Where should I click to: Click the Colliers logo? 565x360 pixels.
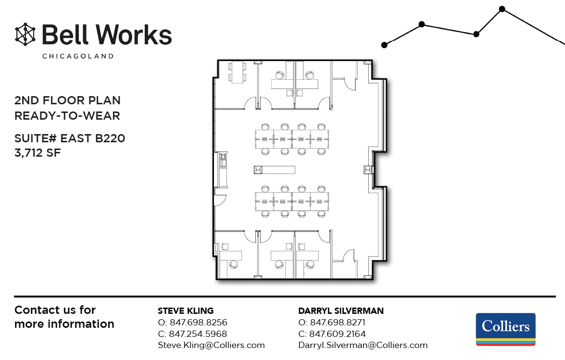pyautogui.click(x=505, y=329)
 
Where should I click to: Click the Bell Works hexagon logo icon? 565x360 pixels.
pyautogui.click(x=25, y=34)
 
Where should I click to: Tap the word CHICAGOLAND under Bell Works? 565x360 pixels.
pyautogui.click(x=78, y=56)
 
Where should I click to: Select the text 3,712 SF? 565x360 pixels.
pyautogui.click(x=38, y=153)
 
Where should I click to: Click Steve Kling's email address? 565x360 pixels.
pyautogui.click(x=211, y=345)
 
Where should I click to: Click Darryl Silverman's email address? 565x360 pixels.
pyautogui.click(x=363, y=345)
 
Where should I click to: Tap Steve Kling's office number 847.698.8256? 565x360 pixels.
pyautogui.click(x=198, y=323)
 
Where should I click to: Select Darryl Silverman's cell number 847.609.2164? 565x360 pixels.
pyautogui.click(x=338, y=334)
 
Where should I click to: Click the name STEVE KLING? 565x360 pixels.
pyautogui.click(x=186, y=310)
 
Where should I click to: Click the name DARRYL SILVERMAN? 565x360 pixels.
pyautogui.click(x=340, y=310)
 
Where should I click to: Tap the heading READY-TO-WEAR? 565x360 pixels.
pyautogui.click(x=67, y=116)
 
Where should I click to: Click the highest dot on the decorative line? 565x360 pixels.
pyautogui.click(x=502, y=9)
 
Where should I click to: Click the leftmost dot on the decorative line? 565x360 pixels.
pyautogui.click(x=384, y=45)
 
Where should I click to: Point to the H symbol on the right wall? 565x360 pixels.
pyautogui.click(x=368, y=170)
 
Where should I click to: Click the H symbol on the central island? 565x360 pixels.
pyautogui.click(x=258, y=170)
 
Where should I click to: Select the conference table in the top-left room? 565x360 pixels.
pyautogui.click(x=238, y=73)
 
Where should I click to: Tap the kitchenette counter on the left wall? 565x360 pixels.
pyautogui.click(x=223, y=170)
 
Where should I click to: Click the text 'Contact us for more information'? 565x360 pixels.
pyautogui.click(x=64, y=317)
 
